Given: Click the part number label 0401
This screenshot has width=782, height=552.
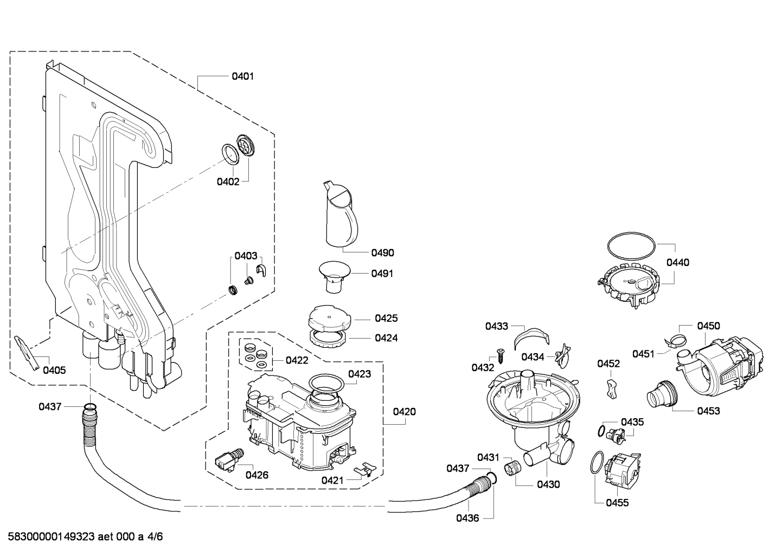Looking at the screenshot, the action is coord(242,76).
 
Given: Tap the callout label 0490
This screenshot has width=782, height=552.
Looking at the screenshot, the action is coord(383,253).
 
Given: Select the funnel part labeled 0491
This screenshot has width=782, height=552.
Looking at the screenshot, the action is coord(335,277).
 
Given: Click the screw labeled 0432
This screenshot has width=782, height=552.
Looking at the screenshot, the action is coord(501,356).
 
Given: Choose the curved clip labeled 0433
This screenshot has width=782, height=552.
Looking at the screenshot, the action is coord(531,336).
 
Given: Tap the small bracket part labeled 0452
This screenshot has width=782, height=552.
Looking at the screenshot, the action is coord(611,388).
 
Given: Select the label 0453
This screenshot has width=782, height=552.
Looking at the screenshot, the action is coord(708,411).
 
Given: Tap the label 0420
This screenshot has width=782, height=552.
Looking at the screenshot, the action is coord(404,412).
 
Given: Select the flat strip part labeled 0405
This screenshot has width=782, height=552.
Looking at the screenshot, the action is coord(27,353).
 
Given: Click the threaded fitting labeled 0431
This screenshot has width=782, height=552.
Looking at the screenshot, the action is coord(512,467).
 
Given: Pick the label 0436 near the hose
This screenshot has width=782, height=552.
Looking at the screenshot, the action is coord(467,518).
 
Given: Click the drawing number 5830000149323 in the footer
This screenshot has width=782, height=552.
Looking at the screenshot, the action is coord(51,537).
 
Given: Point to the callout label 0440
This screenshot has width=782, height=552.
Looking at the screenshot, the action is coord(678,263).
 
